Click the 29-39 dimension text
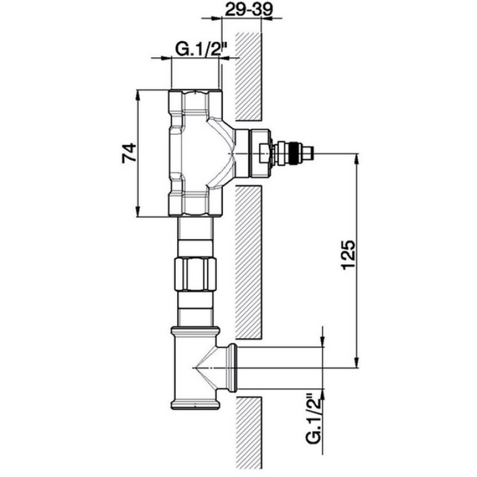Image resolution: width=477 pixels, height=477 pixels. [249, 10]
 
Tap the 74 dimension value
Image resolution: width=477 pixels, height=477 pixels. [129, 153]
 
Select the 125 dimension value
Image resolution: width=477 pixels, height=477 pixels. [348, 255]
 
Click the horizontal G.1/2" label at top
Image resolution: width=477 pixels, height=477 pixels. [202, 49]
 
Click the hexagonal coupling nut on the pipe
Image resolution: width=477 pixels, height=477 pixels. [195, 274]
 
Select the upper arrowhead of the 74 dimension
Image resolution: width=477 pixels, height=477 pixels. [138, 95]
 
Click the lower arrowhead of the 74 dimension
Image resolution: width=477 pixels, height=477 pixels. [138, 212]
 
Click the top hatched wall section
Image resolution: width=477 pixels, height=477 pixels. [249, 76]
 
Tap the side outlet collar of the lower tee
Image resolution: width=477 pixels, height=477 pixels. [233, 368]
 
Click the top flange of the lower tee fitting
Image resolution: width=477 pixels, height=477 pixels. [195, 331]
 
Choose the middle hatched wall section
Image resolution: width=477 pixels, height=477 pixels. [249, 262]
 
